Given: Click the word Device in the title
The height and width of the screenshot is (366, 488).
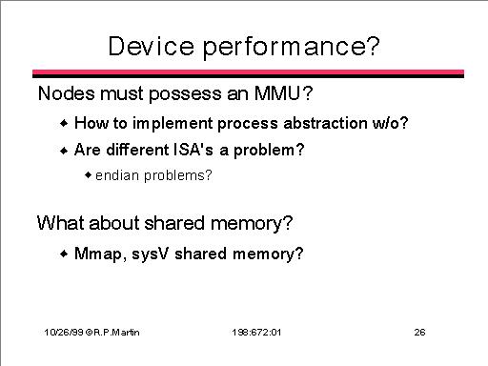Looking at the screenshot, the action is [x=151, y=47].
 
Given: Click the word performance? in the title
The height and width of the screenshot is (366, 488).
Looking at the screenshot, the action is [x=292, y=49].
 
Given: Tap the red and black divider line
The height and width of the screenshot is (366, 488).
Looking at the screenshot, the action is [x=248, y=73].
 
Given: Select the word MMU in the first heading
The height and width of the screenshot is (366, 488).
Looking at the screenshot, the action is [x=277, y=93].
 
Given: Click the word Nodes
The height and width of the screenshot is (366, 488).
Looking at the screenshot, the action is [x=67, y=93].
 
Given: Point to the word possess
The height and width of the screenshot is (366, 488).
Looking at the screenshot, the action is [x=185, y=95].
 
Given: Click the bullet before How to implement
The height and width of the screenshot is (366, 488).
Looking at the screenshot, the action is [x=64, y=123].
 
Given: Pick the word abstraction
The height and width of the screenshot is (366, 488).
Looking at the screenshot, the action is [x=325, y=123].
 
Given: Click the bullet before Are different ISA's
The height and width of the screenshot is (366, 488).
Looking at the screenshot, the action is [x=64, y=150].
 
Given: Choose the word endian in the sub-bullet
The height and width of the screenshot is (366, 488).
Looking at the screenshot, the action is [x=117, y=175].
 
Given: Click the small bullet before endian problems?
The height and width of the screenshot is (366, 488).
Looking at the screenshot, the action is [x=88, y=175].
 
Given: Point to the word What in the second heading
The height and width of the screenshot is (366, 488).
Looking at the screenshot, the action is [x=61, y=223].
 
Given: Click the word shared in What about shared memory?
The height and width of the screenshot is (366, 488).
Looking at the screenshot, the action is [x=174, y=223].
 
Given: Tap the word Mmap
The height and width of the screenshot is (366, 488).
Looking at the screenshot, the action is [x=98, y=254].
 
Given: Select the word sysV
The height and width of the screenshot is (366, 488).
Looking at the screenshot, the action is [x=150, y=254].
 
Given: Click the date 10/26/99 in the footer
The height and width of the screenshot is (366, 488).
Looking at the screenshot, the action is [x=64, y=333].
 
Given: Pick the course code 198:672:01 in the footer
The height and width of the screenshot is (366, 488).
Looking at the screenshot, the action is [x=256, y=333].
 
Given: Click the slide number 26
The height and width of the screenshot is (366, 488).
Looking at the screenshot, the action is [x=419, y=333].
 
